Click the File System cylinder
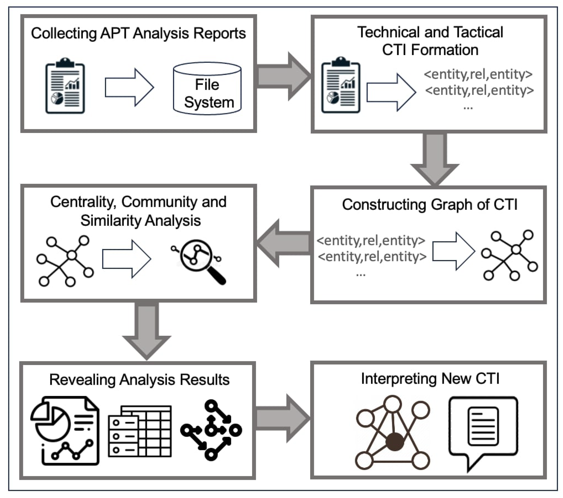tap(207, 89)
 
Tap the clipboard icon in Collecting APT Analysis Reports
tap(65, 86)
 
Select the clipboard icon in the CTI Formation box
tap(341, 86)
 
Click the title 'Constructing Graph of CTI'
tap(429, 205)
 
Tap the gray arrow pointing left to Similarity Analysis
tap(284, 243)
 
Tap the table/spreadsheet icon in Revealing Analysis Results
tap(140, 431)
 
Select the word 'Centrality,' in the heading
tap(82, 202)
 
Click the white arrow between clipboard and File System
tap(129, 88)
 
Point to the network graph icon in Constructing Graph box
tap(509, 255)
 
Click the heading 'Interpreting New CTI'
tap(430, 379)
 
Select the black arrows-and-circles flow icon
tap(211, 430)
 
